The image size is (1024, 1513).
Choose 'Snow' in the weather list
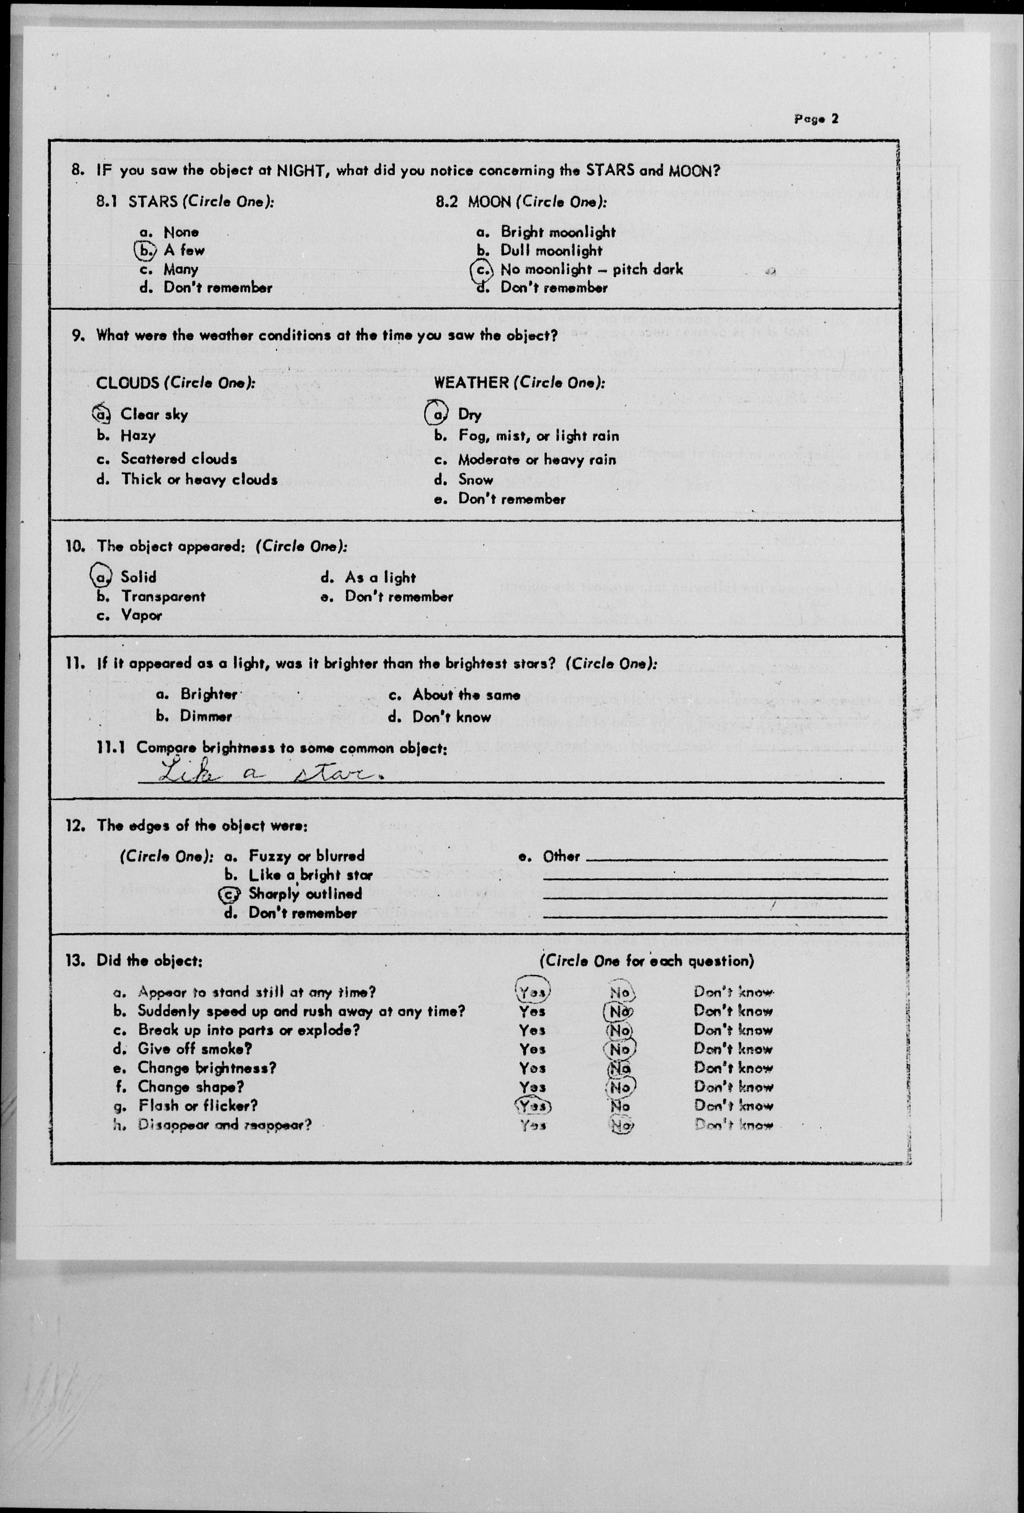(x=476, y=480)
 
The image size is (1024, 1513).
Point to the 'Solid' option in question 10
(x=138, y=577)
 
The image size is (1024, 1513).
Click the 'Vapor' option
(x=141, y=615)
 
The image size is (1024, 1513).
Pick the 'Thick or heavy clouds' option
(x=199, y=480)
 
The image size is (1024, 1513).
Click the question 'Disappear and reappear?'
(x=224, y=1124)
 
